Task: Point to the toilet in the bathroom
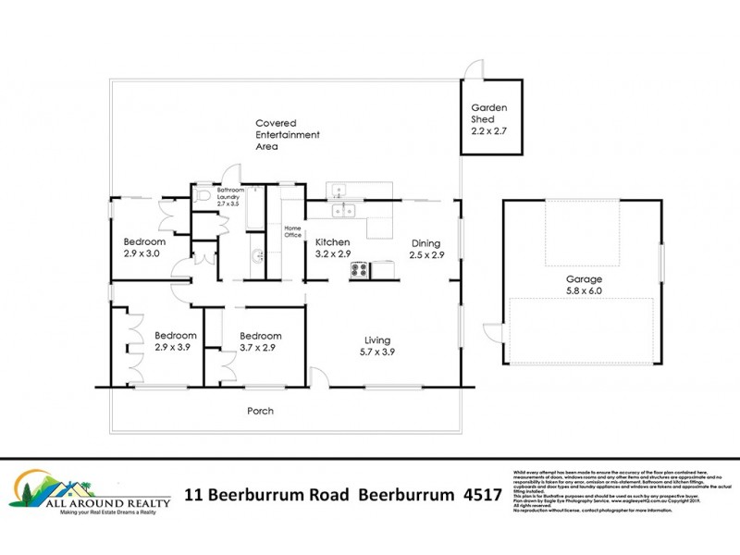click(204, 195)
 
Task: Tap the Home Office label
click(293, 231)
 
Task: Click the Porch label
click(260, 411)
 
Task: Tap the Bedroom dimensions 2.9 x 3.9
click(174, 348)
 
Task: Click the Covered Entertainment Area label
click(288, 134)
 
